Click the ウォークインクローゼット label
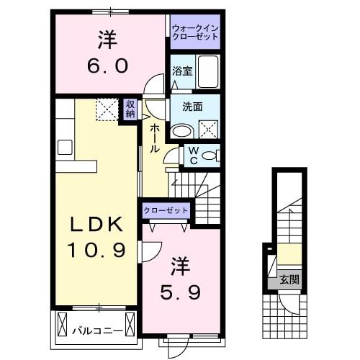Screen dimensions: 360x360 point(195,32)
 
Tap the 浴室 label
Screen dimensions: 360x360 point(182,71)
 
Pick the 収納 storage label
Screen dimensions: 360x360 point(130,109)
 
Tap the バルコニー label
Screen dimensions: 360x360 point(96,330)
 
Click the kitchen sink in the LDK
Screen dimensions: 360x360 point(65,147)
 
